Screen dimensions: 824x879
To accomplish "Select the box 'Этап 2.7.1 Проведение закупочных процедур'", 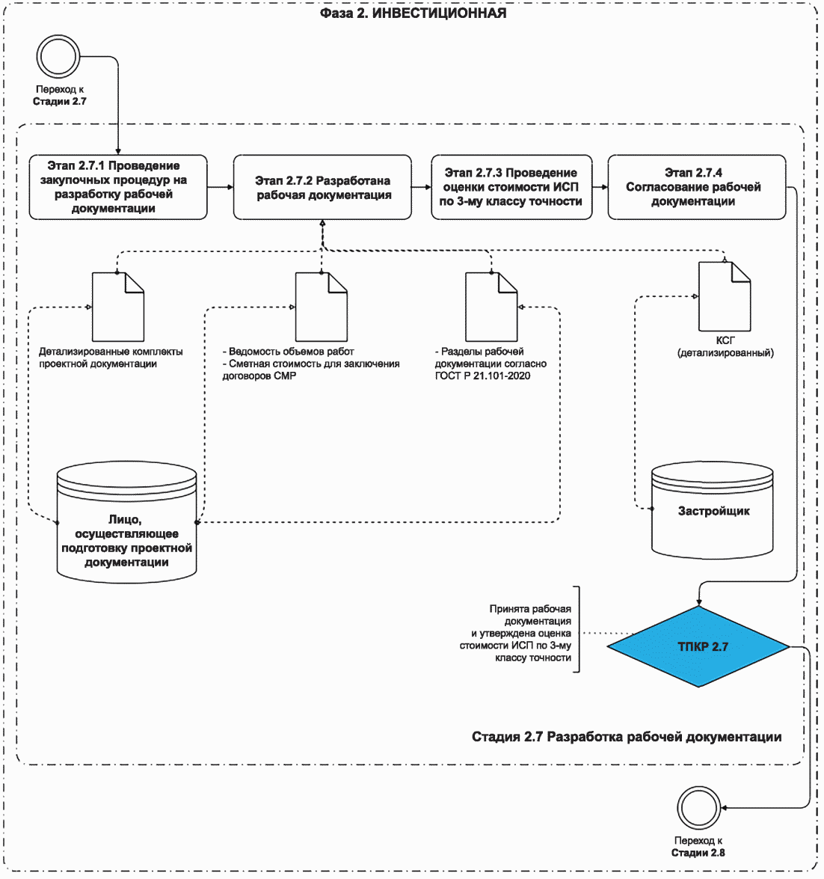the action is pyautogui.click(x=118, y=187).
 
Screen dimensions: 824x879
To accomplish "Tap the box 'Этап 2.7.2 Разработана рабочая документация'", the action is pyautogui.click(x=322, y=187).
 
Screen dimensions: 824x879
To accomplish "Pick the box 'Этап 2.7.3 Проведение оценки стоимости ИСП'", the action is pyautogui.click(x=511, y=187).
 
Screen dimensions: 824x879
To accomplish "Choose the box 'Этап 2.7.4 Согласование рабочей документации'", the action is pyautogui.click(x=697, y=187).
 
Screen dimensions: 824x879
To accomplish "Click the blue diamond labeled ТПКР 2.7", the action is pyautogui.click(x=698, y=646).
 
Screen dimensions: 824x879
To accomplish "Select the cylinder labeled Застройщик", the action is pyautogui.click(x=713, y=510).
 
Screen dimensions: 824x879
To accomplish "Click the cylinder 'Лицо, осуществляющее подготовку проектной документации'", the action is pyautogui.click(x=126, y=522).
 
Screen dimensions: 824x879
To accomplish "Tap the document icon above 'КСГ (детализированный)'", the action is pyautogui.click(x=725, y=296).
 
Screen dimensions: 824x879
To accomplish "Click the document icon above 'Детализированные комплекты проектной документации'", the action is pyautogui.click(x=118, y=307).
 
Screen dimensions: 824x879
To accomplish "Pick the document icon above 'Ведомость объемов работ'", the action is pyautogui.click(x=322, y=307).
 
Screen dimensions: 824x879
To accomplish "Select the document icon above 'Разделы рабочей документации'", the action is pyautogui.click(x=491, y=307).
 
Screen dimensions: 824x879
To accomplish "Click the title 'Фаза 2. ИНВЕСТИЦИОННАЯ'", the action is pyautogui.click(x=413, y=13).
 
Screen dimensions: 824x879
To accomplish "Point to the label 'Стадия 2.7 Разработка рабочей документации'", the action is pyautogui.click(x=627, y=737).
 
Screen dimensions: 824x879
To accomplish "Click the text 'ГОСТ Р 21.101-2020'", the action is pyautogui.click(x=482, y=376).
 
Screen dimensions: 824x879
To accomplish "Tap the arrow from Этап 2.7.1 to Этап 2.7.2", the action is pyautogui.click(x=220, y=187).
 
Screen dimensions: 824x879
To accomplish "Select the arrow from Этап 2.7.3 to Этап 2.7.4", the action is pyautogui.click(x=600, y=187).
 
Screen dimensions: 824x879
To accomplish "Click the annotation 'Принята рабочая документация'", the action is pyautogui.click(x=530, y=615).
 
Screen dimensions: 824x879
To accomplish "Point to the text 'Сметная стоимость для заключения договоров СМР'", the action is pyautogui.click(x=311, y=370).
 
